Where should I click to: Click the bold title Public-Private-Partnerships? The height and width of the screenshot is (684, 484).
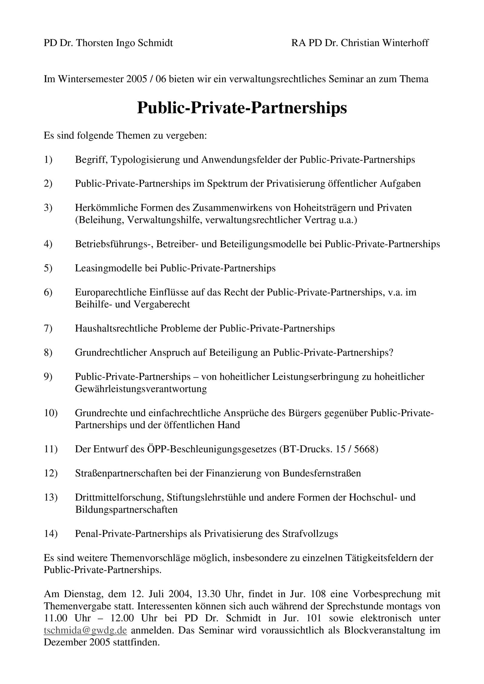coord(242,108)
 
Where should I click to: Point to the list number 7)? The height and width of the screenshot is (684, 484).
coord(48,328)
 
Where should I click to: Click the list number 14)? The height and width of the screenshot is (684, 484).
coord(51,533)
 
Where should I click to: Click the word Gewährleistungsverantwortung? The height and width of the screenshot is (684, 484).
coord(141,389)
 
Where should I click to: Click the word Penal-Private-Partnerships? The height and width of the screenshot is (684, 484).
coord(131,533)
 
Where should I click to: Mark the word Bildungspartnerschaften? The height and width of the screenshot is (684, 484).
coord(126,509)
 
